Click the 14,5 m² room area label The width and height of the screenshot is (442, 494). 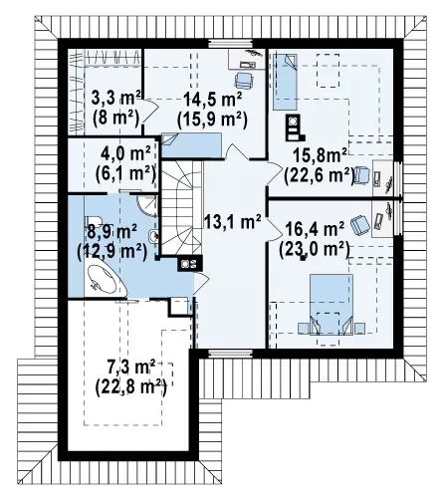coord(212,99)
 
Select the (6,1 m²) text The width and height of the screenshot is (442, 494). coord(125,173)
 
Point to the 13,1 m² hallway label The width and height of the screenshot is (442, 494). coord(232,221)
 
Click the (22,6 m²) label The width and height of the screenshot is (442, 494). coord(319,175)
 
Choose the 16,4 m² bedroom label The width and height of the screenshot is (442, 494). coord(315,229)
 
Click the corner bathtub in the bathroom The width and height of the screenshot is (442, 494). coord(106,280)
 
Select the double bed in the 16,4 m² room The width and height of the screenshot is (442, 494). coord(331,304)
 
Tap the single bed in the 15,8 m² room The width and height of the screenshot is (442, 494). coord(285,82)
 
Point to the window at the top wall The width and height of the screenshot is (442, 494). coord(230,44)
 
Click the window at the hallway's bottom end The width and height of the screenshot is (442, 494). coord(230,354)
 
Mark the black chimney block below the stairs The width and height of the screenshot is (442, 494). coord(190,264)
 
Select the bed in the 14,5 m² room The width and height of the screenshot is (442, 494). coord(191,144)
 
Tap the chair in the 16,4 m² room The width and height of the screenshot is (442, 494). coord(360,224)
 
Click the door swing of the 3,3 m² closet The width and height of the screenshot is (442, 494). coord(150,112)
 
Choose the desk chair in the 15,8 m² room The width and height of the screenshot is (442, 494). coord(361,174)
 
